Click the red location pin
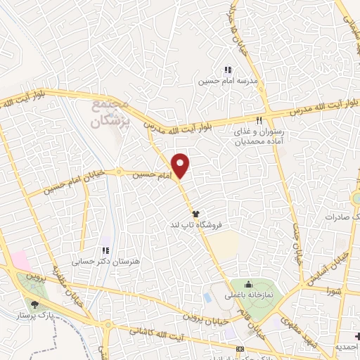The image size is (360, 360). [x=181, y=165]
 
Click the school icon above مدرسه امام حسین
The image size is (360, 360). [x=227, y=70]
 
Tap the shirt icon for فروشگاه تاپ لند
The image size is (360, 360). [x=195, y=212]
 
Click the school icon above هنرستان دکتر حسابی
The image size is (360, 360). [x=105, y=250]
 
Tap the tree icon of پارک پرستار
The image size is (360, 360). [x=34, y=304]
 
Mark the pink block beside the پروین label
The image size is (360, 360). [x=21, y=259]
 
